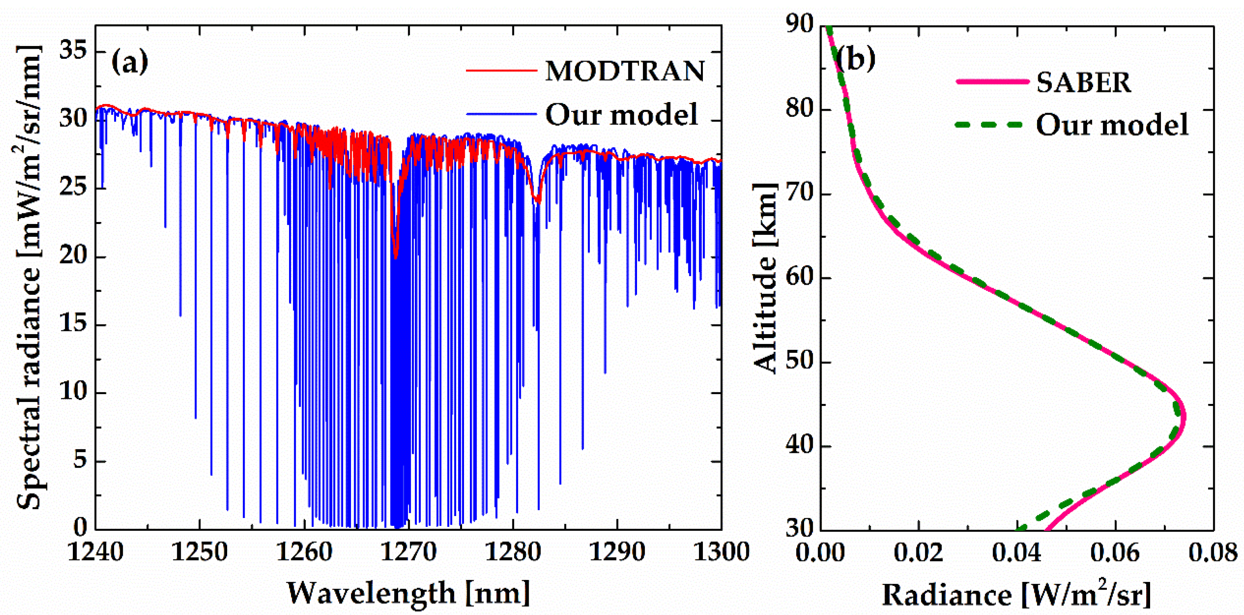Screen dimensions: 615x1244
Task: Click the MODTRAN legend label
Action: [625, 71]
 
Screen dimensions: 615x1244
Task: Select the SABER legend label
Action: [1083, 83]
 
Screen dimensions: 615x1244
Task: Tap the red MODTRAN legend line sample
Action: [501, 70]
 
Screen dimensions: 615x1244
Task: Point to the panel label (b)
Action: [855, 59]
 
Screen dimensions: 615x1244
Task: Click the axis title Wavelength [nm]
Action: [409, 593]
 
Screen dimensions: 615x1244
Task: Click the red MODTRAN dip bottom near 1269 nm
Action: [396, 258]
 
